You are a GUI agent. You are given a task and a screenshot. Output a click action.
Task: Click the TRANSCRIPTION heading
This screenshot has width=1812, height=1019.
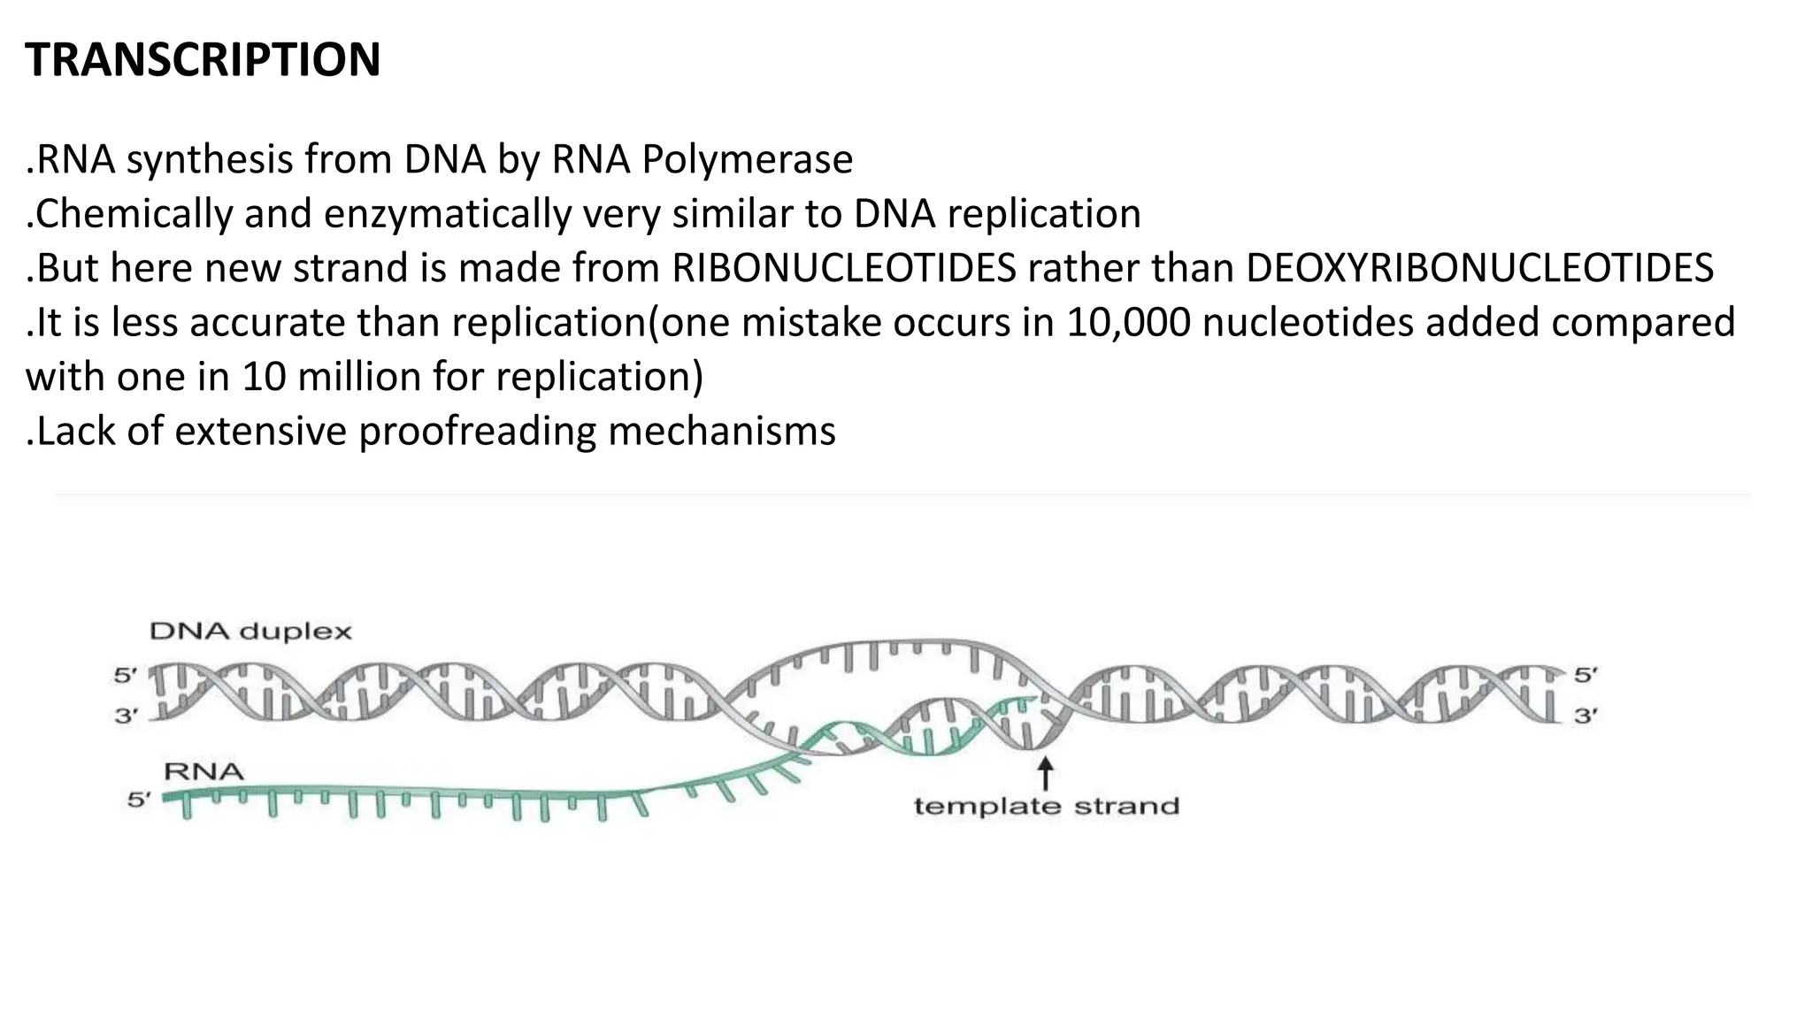tap(203, 60)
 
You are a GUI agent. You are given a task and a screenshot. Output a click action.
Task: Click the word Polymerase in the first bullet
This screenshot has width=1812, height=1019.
tap(747, 160)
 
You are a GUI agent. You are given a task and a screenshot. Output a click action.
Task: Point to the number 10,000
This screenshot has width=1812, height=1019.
tap(1128, 323)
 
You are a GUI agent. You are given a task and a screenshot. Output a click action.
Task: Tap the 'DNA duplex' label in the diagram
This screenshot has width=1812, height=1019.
tap(250, 632)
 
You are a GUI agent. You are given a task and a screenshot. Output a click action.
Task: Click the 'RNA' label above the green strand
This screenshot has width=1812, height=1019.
tap(203, 771)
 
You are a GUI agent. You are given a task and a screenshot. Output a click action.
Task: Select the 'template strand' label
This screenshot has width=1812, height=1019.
tap(1046, 807)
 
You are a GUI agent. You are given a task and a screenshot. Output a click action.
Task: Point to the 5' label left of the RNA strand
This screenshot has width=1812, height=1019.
tap(139, 801)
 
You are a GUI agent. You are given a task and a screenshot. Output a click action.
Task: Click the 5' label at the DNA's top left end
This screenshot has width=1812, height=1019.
tap(126, 676)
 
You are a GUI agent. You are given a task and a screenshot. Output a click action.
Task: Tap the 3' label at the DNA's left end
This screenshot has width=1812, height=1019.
tap(126, 716)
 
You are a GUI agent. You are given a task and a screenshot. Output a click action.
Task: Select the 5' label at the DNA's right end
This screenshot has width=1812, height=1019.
tap(1585, 675)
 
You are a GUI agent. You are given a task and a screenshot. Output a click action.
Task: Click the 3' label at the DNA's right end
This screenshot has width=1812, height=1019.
tap(1585, 716)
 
